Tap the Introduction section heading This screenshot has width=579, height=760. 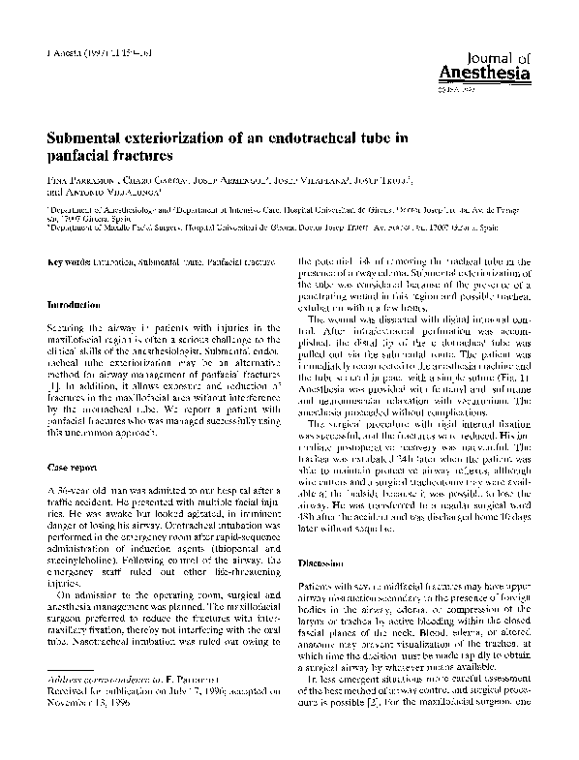coord(78,305)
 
